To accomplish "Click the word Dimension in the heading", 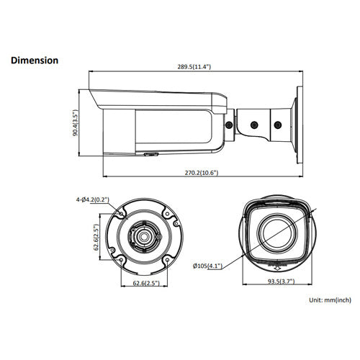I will pos(35,60).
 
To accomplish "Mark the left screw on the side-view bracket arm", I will pos(229,126).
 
